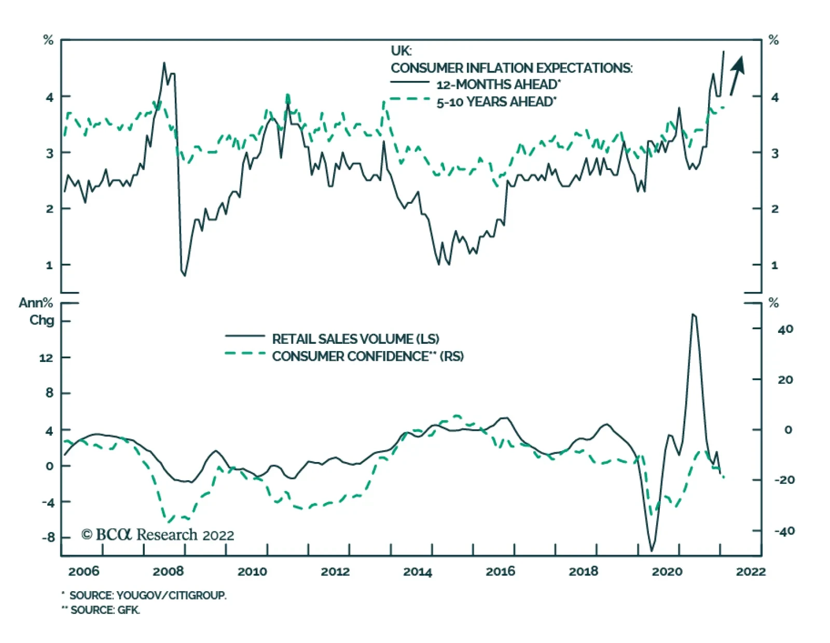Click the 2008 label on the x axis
[168, 571]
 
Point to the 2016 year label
[500, 571]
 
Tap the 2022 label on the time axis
[751, 571]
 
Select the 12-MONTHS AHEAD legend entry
[498, 85]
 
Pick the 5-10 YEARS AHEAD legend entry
[496, 102]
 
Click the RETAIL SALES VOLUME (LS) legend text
[355, 339]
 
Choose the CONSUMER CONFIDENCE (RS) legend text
[368, 357]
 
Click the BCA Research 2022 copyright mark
[158, 535]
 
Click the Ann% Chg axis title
[37, 311]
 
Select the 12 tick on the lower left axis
[46, 358]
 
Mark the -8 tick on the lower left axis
[48, 537]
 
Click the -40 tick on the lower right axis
[784, 531]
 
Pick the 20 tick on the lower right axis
[785, 380]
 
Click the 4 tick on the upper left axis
[50, 97]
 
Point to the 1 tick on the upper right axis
[774, 265]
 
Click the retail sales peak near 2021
[694, 314]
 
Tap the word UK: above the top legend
[401, 51]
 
